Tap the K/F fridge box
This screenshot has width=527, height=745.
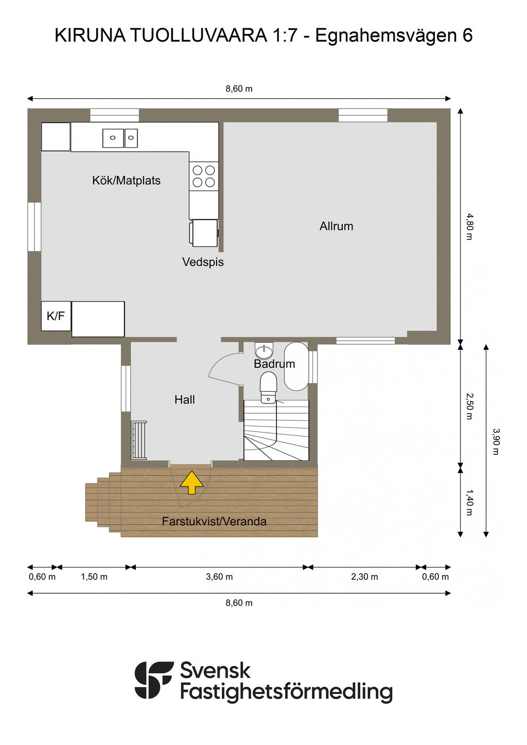(x=56, y=316)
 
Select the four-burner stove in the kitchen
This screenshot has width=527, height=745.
(x=204, y=176)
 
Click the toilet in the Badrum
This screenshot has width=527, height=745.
(x=269, y=387)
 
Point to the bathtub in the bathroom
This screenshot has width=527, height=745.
(x=296, y=366)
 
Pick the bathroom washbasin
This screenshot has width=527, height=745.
(x=264, y=350)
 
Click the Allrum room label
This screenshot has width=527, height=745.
(x=337, y=226)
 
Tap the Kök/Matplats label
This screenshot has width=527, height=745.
(x=127, y=181)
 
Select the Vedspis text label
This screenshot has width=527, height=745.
(x=203, y=262)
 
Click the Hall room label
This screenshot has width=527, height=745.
(x=185, y=399)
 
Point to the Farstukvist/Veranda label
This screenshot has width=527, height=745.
(x=214, y=521)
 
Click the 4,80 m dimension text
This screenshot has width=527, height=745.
(x=469, y=226)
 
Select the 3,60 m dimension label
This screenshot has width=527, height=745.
(x=219, y=577)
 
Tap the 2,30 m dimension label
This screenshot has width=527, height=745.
(x=364, y=577)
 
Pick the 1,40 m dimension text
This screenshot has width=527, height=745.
(x=469, y=503)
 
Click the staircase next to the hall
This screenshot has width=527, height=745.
(x=276, y=430)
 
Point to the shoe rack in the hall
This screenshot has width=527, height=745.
(x=139, y=440)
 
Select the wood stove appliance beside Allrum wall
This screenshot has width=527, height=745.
(x=204, y=233)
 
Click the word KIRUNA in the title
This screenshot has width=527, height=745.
(x=90, y=36)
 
